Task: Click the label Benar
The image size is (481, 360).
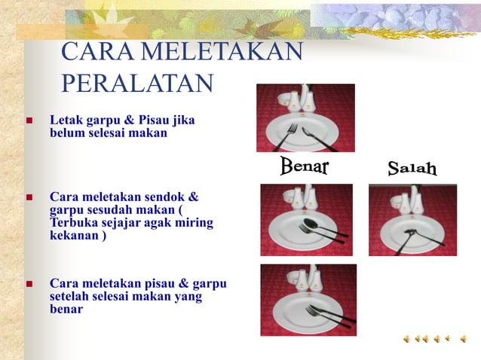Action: coord(305,166)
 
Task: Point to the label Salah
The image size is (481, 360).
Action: coord(412,168)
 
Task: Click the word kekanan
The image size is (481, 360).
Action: coord(74,236)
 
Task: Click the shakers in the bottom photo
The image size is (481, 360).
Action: coord(307,278)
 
